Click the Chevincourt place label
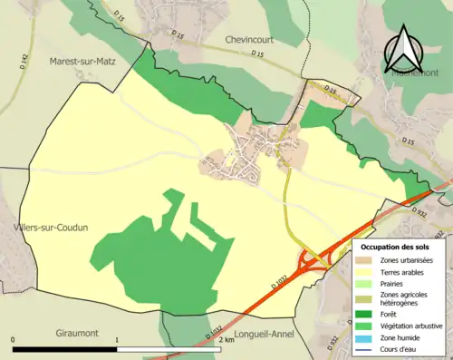249,41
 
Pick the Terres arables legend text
402,271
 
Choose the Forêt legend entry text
391,314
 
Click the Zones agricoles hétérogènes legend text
403,298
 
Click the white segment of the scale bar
169,349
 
